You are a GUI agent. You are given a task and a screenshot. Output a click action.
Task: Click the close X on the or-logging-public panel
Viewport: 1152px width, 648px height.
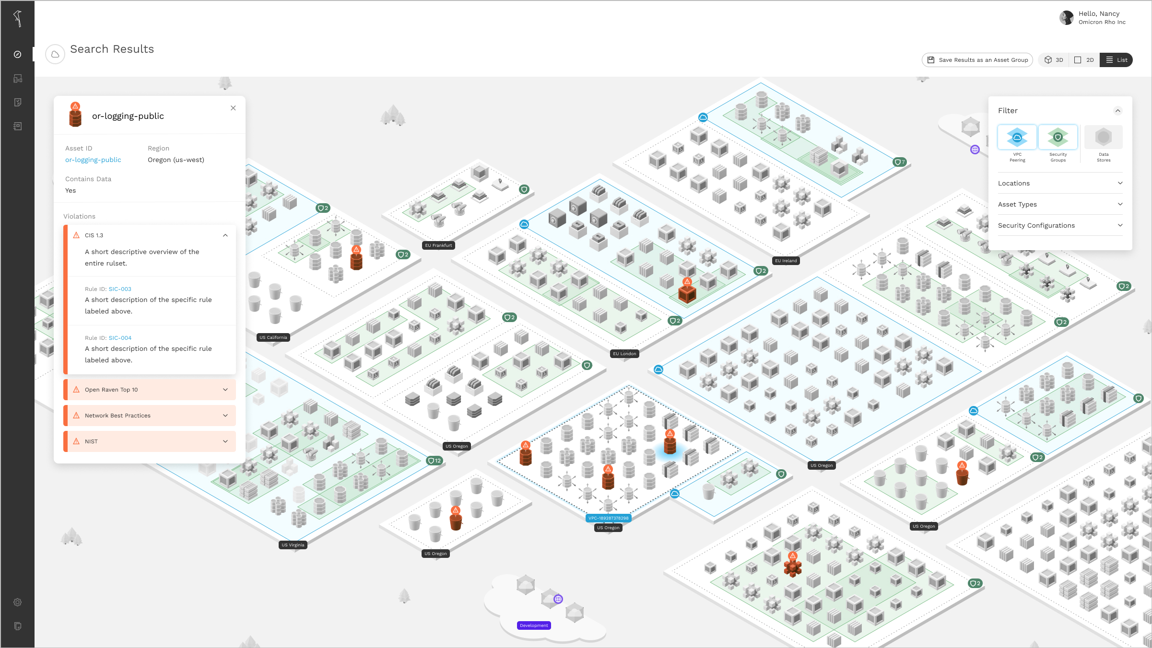pos(233,108)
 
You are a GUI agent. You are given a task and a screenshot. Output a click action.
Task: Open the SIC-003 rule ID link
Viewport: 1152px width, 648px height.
pos(120,289)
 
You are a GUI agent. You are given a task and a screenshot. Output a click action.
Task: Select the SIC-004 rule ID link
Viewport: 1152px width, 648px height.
pos(120,338)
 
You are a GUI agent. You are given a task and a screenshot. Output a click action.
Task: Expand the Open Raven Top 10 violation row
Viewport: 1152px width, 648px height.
pos(150,390)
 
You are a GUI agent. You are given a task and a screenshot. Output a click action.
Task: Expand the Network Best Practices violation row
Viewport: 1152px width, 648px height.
pos(150,416)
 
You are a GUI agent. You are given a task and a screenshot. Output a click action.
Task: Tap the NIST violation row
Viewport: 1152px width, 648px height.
pos(150,441)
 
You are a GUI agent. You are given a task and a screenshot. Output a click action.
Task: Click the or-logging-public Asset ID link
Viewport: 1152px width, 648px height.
pos(93,160)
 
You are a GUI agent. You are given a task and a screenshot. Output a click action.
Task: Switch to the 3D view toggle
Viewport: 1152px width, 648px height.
pos(1054,60)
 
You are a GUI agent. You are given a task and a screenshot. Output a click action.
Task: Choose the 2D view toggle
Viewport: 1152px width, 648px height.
pos(1084,60)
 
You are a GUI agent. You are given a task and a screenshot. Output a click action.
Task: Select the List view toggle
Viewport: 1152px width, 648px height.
pos(1116,60)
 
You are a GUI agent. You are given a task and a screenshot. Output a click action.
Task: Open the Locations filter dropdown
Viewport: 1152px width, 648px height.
pos(1060,183)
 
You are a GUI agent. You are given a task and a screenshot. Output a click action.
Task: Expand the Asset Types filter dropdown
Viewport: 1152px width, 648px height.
pos(1060,204)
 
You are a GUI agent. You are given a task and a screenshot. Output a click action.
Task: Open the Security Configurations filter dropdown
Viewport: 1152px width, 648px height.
pos(1060,225)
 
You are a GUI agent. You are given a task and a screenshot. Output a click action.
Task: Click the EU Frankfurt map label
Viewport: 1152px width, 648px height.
pos(438,245)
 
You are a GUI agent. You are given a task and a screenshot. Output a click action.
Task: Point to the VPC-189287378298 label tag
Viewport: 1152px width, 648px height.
pos(608,518)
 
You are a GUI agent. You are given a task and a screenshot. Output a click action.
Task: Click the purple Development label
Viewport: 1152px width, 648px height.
pos(534,625)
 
